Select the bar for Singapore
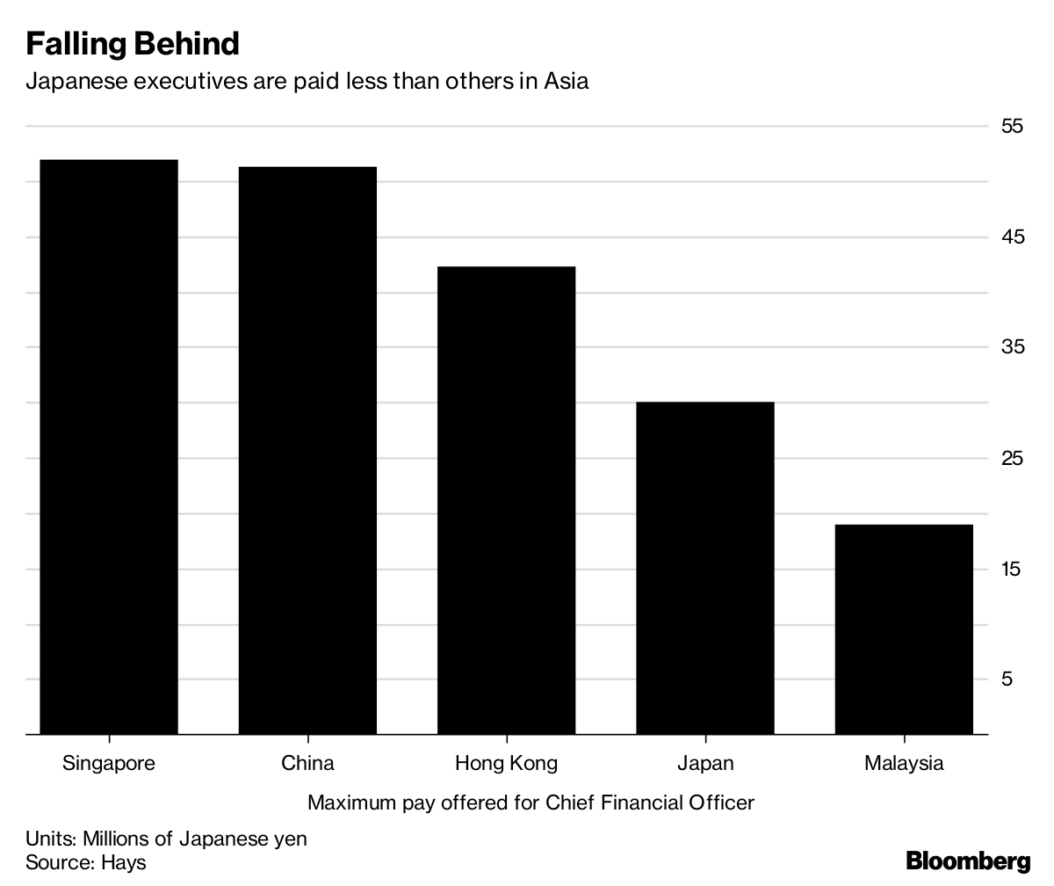click(x=109, y=447)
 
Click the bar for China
click(x=307, y=450)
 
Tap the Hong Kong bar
click(x=506, y=499)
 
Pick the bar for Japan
click(x=705, y=568)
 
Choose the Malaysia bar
click(x=904, y=629)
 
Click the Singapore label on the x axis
click(x=109, y=763)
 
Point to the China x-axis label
click(x=307, y=763)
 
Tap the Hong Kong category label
click(x=506, y=763)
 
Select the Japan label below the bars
click(x=705, y=763)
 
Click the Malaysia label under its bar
click(x=904, y=763)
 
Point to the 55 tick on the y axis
click(x=1012, y=127)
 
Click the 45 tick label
click(x=1012, y=237)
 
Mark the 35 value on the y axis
click(x=1012, y=347)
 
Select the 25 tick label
click(x=1012, y=458)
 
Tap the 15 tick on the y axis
click(x=1012, y=569)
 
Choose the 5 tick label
click(x=1007, y=679)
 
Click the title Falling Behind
click(x=133, y=43)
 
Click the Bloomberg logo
click(x=968, y=861)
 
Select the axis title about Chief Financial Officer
click(x=531, y=802)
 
